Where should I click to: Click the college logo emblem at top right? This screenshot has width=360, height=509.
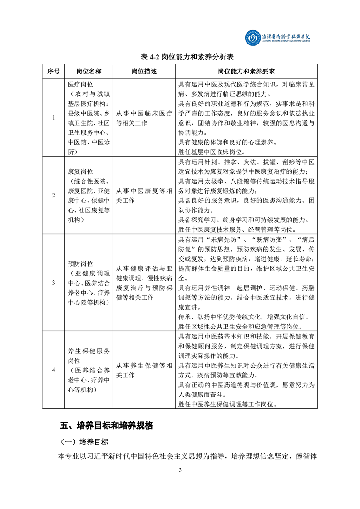tap(249, 38)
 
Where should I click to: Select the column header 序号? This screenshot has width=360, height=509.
tap(54, 72)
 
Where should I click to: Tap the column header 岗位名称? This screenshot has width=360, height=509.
tap(89, 72)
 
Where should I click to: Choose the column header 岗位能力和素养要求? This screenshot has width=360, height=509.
tap(246, 72)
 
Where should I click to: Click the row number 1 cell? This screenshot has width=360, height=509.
tap(54, 118)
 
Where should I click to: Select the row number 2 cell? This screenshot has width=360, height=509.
tap(54, 195)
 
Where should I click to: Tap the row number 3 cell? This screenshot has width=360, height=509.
tap(54, 283)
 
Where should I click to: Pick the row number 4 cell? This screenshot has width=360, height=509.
tap(54, 370)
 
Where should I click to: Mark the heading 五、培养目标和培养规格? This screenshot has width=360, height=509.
tap(107, 426)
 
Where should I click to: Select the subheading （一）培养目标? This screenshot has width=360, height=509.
tap(84, 441)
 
